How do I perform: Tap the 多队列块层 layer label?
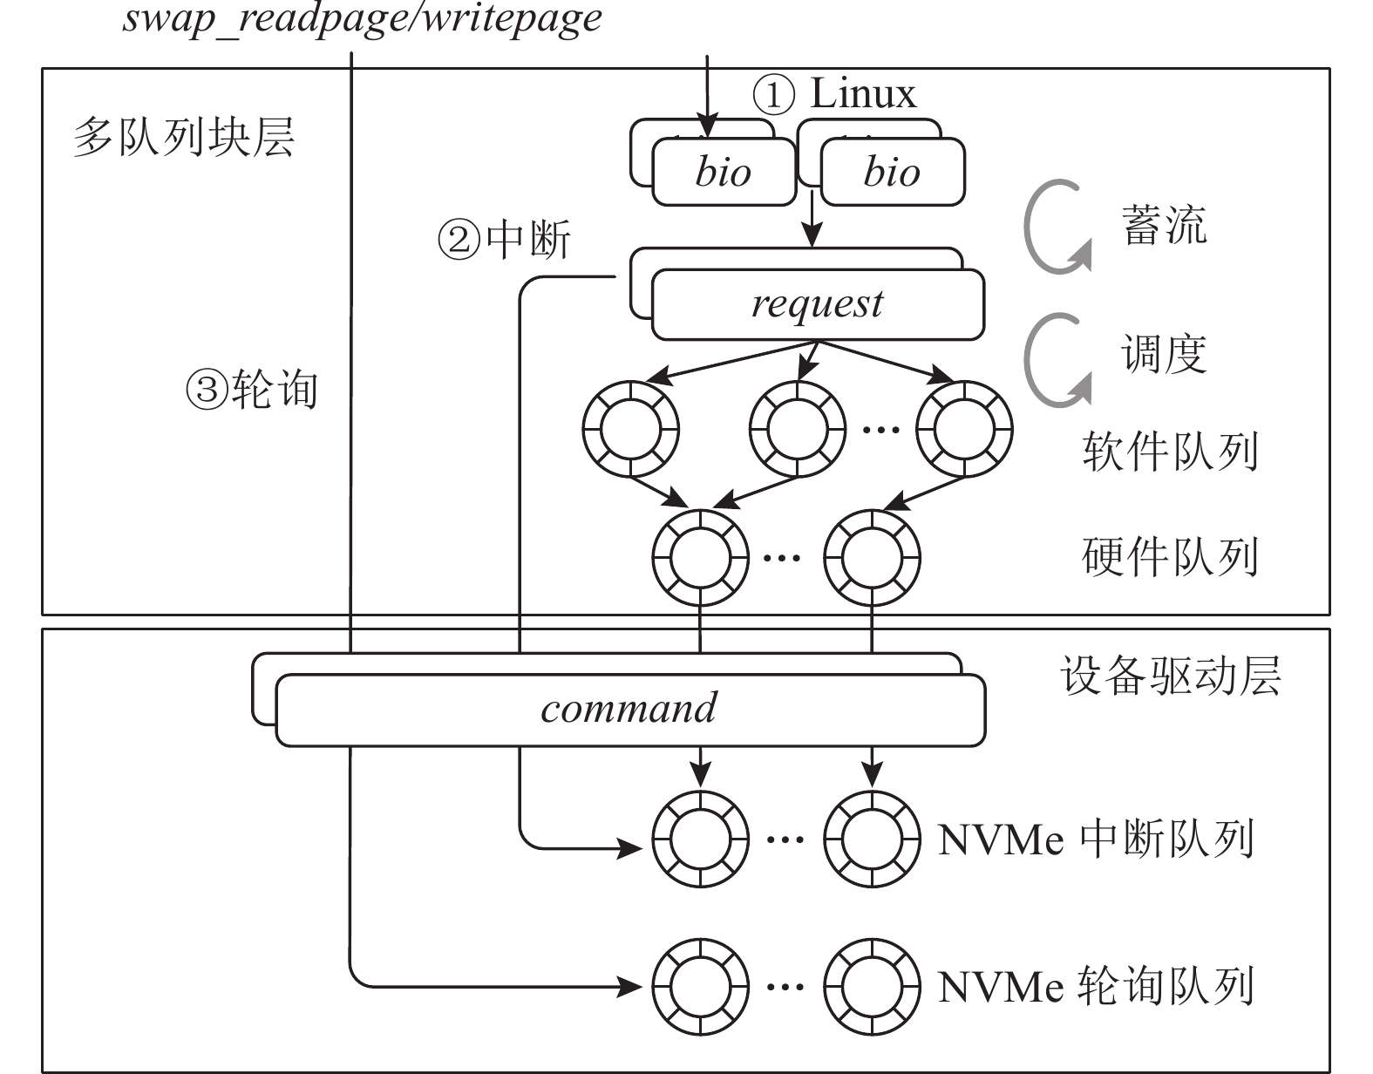point(184,138)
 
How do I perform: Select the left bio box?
point(724,172)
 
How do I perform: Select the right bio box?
point(892,172)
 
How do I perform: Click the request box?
point(817,304)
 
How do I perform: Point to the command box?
point(629,708)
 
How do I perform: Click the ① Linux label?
point(834,94)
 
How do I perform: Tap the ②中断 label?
point(504,239)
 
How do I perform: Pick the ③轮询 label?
point(252,390)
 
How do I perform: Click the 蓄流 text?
point(1164,225)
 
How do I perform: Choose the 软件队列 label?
point(1170,452)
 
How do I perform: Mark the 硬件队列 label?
point(1170,556)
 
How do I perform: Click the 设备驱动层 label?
point(1170,676)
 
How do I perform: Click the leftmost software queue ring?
point(630,429)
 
